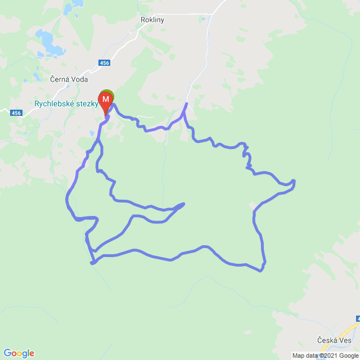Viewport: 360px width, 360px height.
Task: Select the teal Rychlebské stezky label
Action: (x=67, y=104)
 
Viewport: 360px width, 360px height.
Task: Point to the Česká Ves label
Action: (x=334, y=341)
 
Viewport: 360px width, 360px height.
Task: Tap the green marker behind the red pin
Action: (x=107, y=93)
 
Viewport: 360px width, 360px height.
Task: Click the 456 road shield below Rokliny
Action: (x=104, y=62)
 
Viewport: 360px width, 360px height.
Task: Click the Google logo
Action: (x=19, y=353)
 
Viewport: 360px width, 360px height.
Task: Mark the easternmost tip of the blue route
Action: (x=295, y=182)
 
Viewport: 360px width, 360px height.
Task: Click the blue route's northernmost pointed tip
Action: (x=186, y=105)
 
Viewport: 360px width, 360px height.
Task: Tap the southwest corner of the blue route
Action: (x=92, y=262)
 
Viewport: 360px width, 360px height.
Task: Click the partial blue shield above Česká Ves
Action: (x=357, y=318)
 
